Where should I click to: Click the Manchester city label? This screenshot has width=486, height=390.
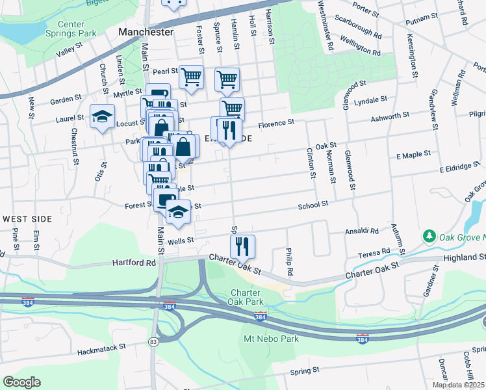click(146, 32)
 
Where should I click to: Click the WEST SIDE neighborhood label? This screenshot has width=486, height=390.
click(27, 219)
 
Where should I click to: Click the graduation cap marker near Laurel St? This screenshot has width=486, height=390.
click(102, 117)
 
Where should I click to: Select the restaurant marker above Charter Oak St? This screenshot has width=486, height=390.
click(242, 246)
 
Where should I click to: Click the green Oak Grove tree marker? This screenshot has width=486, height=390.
click(428, 235)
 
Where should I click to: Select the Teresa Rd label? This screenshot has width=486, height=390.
click(377, 251)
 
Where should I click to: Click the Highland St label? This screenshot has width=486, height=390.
click(460, 258)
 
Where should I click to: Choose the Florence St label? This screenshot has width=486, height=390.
click(276, 122)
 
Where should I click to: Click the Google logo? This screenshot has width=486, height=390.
click(21, 382)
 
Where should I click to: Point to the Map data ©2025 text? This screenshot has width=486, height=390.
click(459, 385)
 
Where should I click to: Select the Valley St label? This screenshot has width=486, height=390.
click(71, 53)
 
